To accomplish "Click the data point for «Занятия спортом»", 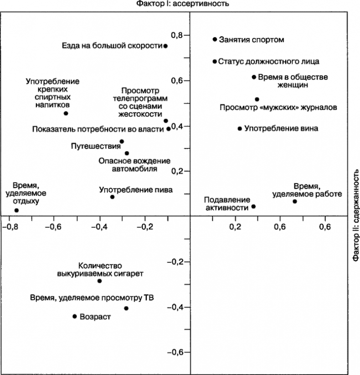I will (215, 40).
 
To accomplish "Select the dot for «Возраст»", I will (74, 316).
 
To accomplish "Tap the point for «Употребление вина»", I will (240, 129).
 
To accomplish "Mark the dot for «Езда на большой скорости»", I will (165, 46).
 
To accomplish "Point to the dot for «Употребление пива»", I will (112, 197).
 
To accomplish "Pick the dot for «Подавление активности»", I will (253, 207).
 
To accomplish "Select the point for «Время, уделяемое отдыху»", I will (16, 210).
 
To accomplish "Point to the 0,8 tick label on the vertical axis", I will (176, 35).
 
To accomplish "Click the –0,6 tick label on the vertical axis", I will (176, 353).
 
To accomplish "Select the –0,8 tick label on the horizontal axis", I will (10, 226).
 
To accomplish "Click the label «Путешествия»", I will (94, 147).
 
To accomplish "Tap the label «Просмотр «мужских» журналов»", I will (278, 108).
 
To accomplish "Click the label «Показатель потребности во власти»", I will (98, 129).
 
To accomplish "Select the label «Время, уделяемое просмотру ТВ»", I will (92, 298).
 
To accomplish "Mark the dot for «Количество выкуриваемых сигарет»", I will (99, 281).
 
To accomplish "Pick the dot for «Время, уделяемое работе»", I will (294, 201).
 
